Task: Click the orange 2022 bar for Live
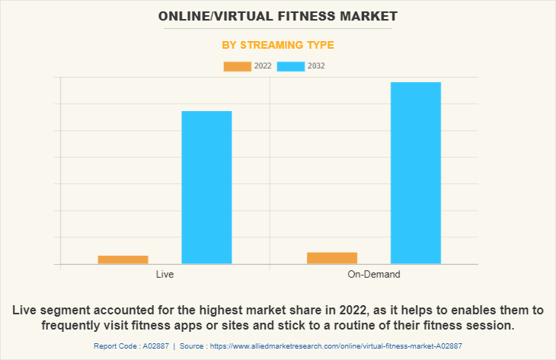tap(123, 260)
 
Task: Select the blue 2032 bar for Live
tap(206, 187)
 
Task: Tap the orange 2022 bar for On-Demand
tap(332, 258)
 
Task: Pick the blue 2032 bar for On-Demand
tap(416, 173)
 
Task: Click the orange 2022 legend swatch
tap(237, 66)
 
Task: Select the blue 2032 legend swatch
tap(291, 66)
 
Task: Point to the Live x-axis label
tap(165, 274)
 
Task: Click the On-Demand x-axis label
tap(374, 274)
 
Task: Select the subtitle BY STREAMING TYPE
tap(278, 45)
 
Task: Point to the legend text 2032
tap(316, 66)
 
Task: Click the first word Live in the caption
tap(26, 311)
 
